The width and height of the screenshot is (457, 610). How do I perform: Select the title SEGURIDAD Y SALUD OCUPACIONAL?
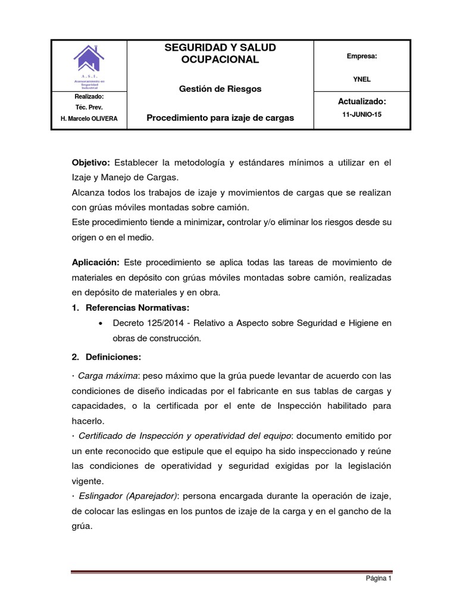click(220, 54)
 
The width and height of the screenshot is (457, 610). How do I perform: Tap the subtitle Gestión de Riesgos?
click(220, 89)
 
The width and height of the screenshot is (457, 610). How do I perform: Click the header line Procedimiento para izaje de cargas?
click(220, 118)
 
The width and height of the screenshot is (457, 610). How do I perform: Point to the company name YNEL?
click(362, 79)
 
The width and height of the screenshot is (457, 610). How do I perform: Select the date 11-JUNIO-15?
click(362, 114)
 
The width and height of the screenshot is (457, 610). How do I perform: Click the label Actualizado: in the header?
click(362, 102)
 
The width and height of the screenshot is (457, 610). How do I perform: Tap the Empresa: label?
click(362, 56)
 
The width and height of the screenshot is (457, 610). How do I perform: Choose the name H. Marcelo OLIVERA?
click(89, 119)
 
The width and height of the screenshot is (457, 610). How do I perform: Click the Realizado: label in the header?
click(89, 97)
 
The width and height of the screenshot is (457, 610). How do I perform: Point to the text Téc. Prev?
click(89, 107)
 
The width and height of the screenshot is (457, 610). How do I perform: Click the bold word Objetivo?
click(91, 163)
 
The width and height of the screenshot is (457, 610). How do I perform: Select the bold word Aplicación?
click(95, 263)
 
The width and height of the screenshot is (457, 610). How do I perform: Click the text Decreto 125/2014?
click(146, 323)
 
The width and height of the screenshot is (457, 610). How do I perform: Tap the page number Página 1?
click(378, 578)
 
